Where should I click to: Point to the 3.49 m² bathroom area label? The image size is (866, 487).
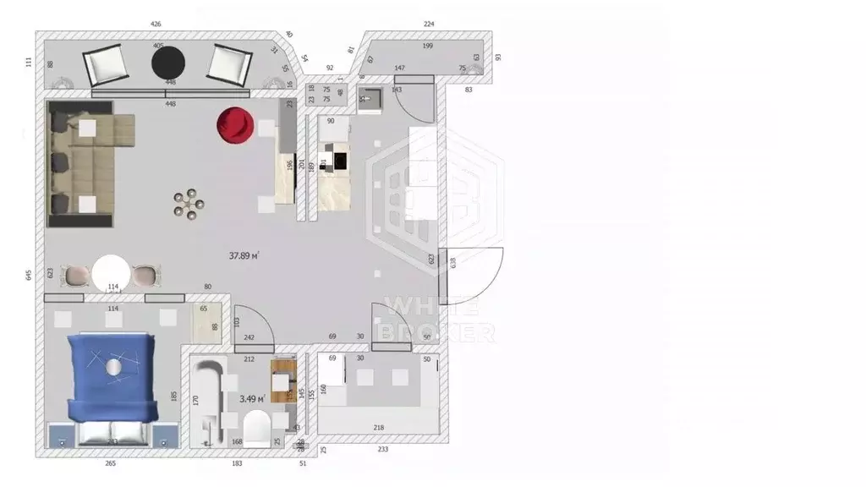click(x=252, y=398)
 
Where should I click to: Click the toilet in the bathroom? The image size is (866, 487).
click(x=256, y=428)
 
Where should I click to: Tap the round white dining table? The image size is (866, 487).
click(x=111, y=275)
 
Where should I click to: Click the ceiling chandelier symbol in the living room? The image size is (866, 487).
click(x=189, y=204)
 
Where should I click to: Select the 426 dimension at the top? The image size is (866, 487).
click(x=155, y=25)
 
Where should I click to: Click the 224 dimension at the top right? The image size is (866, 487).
click(x=429, y=25)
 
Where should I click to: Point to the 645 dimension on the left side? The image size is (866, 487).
click(x=29, y=275)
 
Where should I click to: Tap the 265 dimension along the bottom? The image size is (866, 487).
click(x=110, y=463)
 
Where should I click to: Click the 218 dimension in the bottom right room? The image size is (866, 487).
click(x=378, y=428)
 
